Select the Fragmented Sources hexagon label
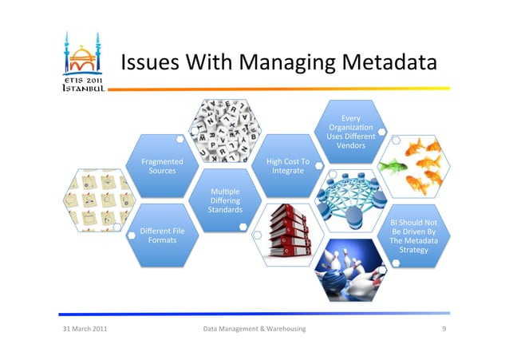point(162,166)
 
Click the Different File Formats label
point(162,235)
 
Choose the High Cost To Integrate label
point(288,166)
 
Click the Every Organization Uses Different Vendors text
point(351,133)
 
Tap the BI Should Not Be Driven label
point(413,236)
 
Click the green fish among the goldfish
point(391,167)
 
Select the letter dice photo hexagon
point(226,129)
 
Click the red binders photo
point(287,233)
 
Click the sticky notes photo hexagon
point(101,200)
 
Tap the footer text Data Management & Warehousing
point(254,329)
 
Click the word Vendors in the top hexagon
point(351,146)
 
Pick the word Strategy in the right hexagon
point(413,251)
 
